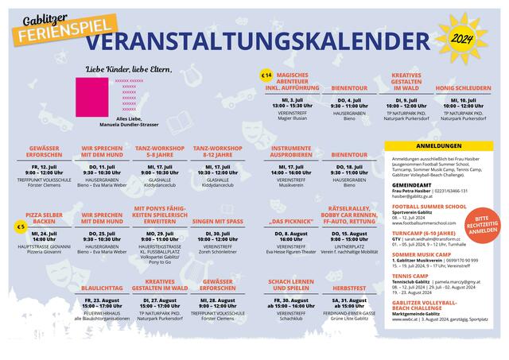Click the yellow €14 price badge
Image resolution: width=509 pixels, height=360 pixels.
(x=266, y=75)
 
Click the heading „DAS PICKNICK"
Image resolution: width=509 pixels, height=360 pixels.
(x=291, y=223)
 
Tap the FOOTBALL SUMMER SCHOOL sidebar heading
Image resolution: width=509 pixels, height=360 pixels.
(x=429, y=206)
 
